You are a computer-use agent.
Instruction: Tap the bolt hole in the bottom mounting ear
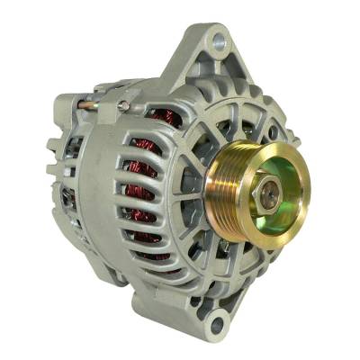[216, 319]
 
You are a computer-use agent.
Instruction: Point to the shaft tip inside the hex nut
[269, 187]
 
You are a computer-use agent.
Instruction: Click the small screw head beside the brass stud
[123, 107]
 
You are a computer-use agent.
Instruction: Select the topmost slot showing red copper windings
[163, 117]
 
